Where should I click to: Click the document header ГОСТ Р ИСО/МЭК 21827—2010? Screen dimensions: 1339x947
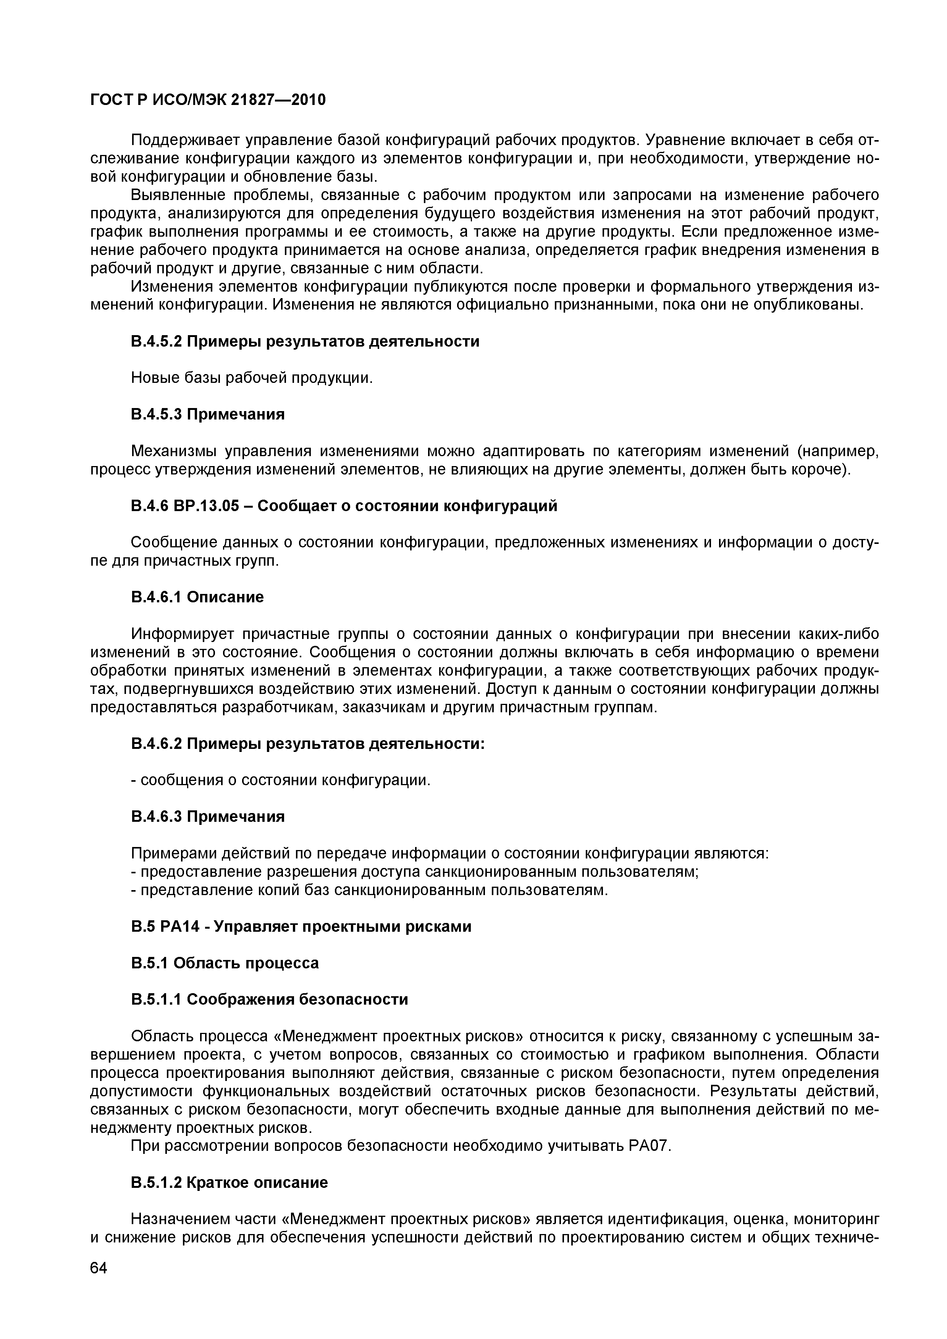tap(208, 100)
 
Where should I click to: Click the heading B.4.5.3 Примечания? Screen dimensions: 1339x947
tap(208, 414)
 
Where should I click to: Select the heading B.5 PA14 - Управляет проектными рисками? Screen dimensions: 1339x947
tap(301, 926)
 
